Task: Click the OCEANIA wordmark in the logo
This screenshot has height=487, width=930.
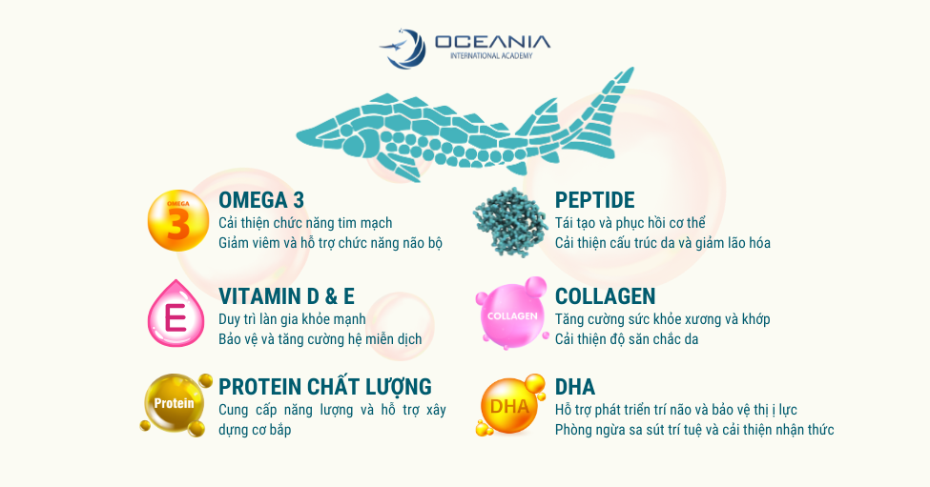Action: (x=492, y=42)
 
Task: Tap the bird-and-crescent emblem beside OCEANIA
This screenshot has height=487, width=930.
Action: (x=403, y=48)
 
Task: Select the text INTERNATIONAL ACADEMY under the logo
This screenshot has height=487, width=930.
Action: (x=491, y=55)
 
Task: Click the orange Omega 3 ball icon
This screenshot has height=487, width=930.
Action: (x=178, y=220)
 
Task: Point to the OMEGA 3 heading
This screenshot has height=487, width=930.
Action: (x=261, y=200)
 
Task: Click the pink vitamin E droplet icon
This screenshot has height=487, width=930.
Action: (x=176, y=314)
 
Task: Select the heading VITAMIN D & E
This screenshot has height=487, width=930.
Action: (x=286, y=296)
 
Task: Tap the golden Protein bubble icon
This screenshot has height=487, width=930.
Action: (x=176, y=405)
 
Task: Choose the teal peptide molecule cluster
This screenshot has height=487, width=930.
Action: (x=510, y=222)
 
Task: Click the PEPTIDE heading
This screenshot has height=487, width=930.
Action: (x=595, y=200)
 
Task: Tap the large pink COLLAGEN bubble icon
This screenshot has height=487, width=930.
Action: (x=511, y=314)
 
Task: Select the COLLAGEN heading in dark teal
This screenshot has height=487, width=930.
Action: (x=605, y=296)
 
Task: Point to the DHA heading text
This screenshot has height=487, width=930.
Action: (x=575, y=387)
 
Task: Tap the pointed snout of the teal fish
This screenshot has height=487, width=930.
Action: (x=300, y=132)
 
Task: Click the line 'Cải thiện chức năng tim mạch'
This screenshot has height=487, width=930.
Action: (x=305, y=223)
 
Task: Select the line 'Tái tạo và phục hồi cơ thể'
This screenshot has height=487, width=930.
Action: (x=630, y=223)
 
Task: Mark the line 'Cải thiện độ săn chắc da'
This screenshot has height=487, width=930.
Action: (x=627, y=339)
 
